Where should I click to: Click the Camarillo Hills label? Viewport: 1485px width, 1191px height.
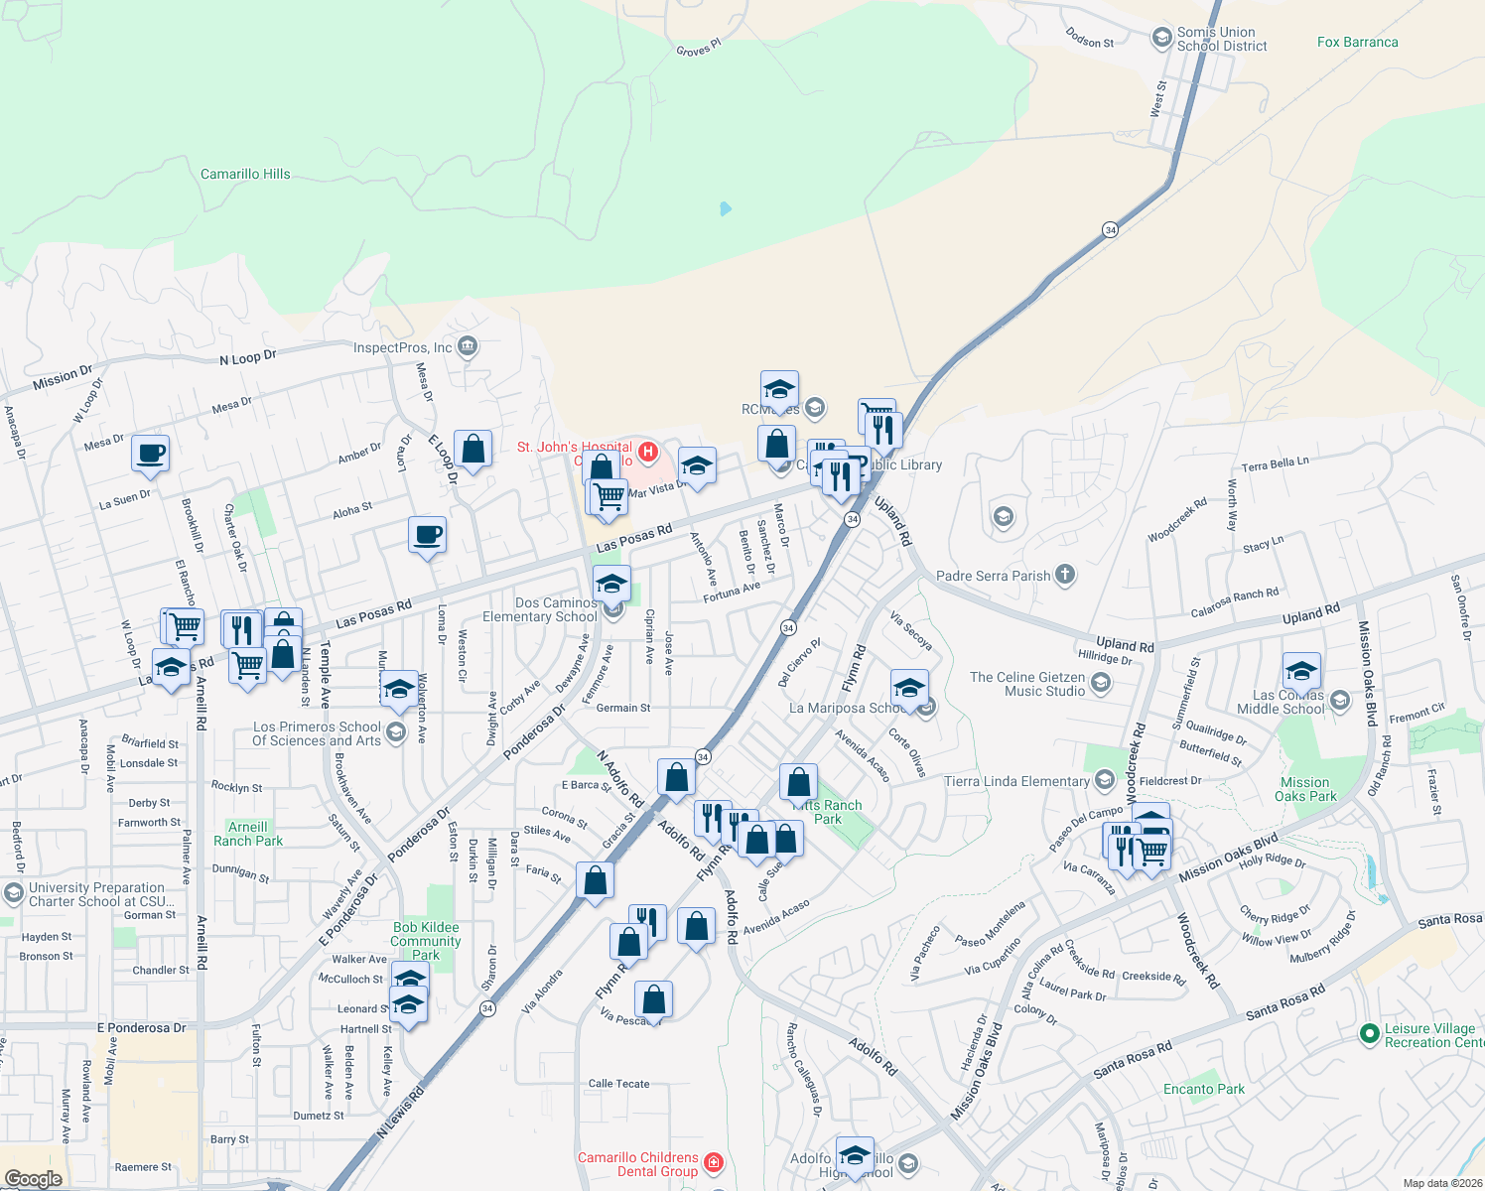tap(245, 175)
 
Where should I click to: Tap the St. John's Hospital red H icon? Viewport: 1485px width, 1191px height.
tap(647, 453)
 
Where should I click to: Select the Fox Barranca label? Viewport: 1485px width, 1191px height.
tap(1357, 43)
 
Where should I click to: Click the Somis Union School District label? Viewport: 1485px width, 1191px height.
tap(1221, 40)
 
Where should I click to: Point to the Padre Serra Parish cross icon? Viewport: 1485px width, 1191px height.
tap(1064, 575)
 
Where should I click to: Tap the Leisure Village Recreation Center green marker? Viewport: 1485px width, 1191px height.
tap(1370, 1034)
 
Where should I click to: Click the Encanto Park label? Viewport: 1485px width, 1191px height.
tap(1203, 1089)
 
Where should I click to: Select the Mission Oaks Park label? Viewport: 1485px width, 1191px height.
tap(1305, 790)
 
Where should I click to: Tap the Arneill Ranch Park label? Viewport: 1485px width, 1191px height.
tap(248, 834)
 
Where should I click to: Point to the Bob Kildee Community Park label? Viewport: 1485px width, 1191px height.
tap(426, 941)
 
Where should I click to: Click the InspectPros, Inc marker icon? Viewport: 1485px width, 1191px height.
tap(469, 347)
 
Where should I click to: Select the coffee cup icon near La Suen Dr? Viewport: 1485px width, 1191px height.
tap(150, 454)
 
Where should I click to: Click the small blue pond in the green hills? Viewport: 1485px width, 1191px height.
tap(726, 208)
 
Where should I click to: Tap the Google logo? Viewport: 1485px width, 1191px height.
tap(33, 1178)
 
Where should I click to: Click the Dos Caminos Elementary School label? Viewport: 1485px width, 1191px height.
tap(541, 609)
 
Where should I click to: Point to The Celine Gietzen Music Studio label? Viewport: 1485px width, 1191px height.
tap(1027, 684)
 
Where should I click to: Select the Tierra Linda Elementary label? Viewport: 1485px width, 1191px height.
tap(1016, 781)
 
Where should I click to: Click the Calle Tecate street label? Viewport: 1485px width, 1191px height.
tap(618, 1084)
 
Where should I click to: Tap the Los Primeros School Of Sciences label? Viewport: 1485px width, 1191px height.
tap(317, 733)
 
